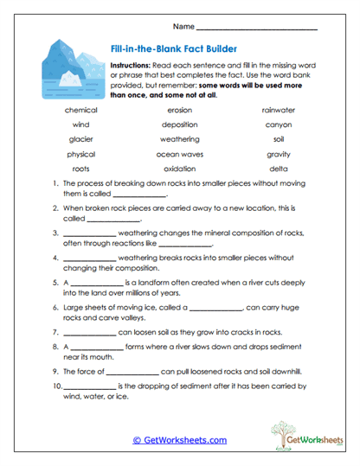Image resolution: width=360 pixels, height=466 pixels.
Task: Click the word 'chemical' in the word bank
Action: [x=80, y=110]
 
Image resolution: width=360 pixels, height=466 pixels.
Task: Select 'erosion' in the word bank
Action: [x=179, y=110]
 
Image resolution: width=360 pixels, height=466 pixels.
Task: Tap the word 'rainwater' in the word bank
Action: [x=279, y=110]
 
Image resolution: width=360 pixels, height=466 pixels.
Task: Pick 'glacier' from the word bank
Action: [x=80, y=139]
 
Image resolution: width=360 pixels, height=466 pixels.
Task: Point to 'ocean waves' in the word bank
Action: [x=179, y=154]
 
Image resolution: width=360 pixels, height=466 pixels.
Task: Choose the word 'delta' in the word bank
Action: [x=279, y=169]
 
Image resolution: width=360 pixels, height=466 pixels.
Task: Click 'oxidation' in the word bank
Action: [x=179, y=169]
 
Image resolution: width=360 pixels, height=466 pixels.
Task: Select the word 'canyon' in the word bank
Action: [x=279, y=124]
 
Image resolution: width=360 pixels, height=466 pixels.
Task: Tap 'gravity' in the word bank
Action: [x=279, y=154]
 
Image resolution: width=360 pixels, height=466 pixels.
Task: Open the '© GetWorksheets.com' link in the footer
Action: [x=180, y=440]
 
